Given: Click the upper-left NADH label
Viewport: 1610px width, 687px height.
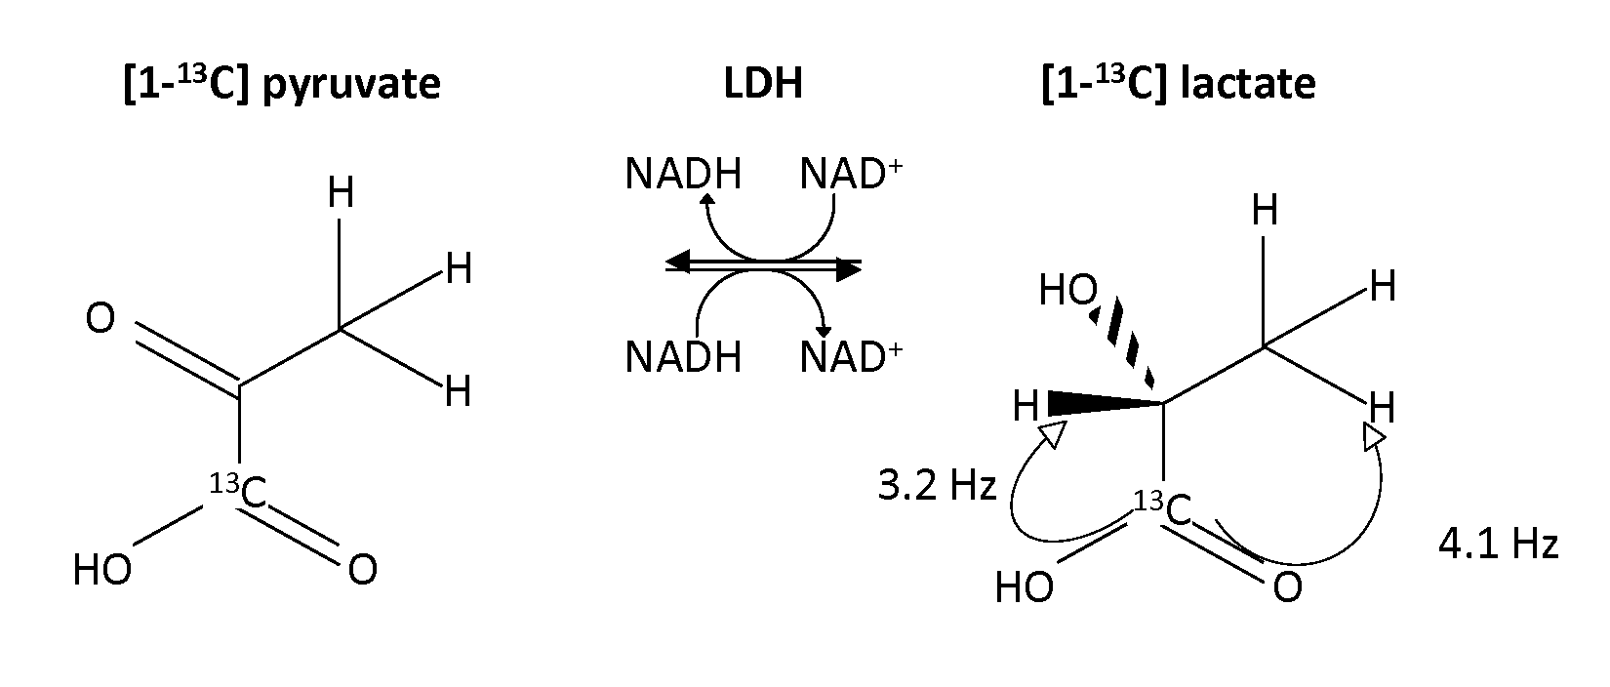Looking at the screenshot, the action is pos(683,176).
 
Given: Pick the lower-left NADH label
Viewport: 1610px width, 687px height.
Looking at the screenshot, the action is pos(683,358).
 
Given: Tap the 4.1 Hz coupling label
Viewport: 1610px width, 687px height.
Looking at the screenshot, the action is pos(1498,545).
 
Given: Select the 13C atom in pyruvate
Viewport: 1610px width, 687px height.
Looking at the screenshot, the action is pos(241,492).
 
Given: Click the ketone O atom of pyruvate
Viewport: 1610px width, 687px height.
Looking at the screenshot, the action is pos(101,319).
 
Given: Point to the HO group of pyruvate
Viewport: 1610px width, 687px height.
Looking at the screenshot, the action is pos(102,571).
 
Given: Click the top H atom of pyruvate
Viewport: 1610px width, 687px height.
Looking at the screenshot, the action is pos(341,194).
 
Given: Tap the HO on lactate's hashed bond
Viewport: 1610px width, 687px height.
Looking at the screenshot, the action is pos(1068,290).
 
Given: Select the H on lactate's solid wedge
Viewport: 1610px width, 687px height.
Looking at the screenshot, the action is pos(1026,406).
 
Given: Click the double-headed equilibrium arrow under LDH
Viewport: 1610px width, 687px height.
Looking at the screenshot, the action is pos(763,264).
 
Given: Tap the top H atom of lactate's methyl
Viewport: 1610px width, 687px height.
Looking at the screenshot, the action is pos(1265,211).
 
